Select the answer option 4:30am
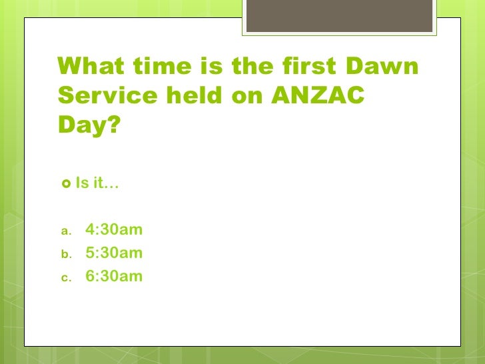point(114,231)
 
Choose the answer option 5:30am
point(114,253)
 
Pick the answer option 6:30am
point(114,276)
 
